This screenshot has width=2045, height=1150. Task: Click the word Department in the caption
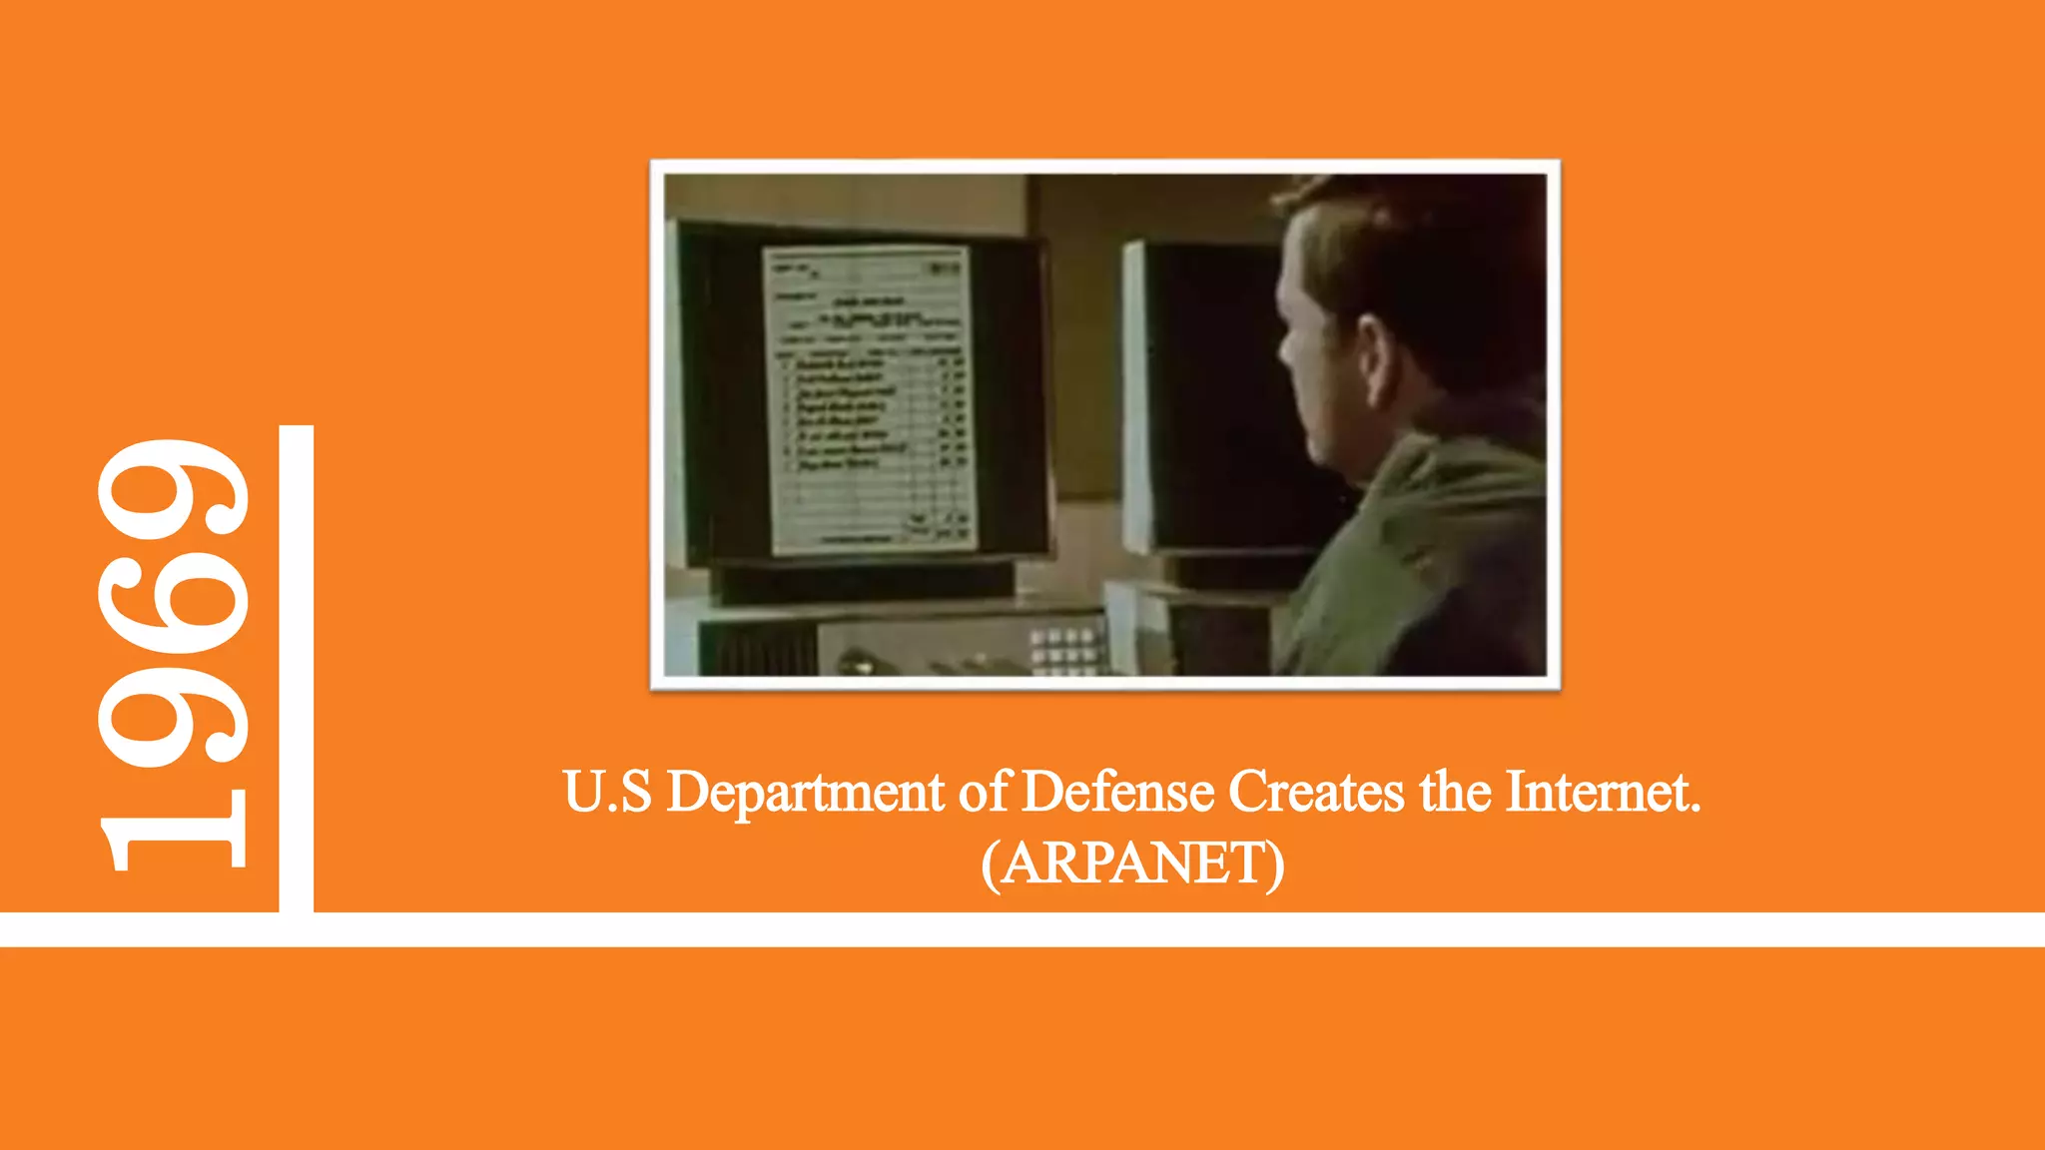click(x=805, y=793)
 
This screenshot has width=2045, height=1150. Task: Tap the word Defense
click(x=1118, y=793)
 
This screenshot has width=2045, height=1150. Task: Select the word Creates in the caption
click(x=1316, y=793)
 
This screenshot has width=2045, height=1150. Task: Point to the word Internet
click(x=1602, y=793)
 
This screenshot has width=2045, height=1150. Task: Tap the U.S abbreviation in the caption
click(x=607, y=793)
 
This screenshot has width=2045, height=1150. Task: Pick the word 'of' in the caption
click(x=985, y=793)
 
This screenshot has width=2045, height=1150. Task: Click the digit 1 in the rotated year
click(x=175, y=829)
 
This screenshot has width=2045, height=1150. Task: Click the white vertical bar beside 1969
click(x=296, y=669)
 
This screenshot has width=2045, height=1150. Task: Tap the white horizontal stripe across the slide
click(x=1022, y=929)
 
